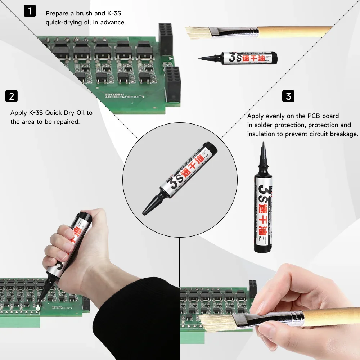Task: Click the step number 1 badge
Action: tap(30, 11)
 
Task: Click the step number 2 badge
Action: tap(12, 96)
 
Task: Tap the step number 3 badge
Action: tap(288, 96)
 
